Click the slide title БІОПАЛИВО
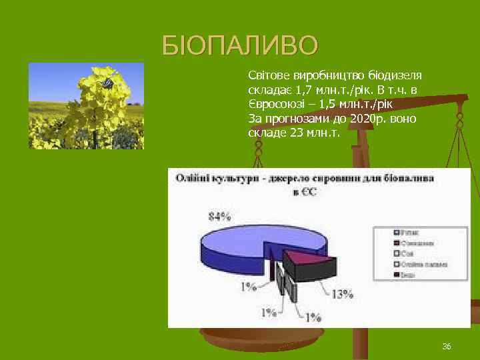tap(240, 45)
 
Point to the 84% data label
tap(220, 215)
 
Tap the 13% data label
tap(343, 294)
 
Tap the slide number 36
tap(447, 347)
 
